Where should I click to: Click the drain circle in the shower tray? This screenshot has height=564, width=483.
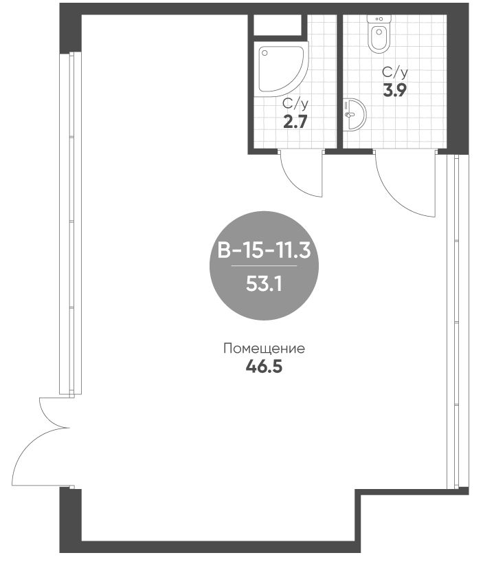coord(265,53)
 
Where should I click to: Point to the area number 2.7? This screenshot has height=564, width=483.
coord(295,122)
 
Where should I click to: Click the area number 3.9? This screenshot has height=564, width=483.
coord(394,90)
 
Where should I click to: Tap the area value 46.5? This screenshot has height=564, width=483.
coord(264,367)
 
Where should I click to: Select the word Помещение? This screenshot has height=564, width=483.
coord(264,349)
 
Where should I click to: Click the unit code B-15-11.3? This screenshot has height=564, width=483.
coord(264,250)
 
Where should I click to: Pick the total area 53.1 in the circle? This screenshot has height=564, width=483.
coord(264,284)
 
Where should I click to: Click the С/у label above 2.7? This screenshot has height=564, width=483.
coord(295,105)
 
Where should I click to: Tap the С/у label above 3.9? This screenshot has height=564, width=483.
coord(395,73)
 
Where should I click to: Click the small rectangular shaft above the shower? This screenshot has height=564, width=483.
coord(278,25)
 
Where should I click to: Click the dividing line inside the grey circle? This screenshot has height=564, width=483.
coord(264,265)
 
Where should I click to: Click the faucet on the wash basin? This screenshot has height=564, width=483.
coord(348,114)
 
